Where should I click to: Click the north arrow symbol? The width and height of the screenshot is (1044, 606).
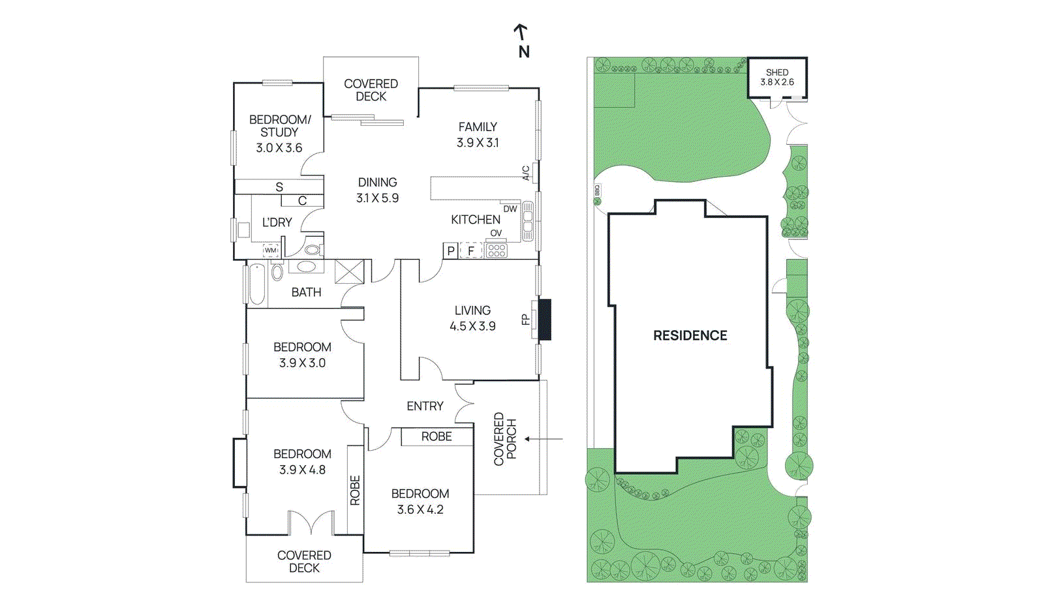521,32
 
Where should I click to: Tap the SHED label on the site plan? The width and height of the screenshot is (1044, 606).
776,72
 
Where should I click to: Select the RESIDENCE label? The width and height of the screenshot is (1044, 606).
690,335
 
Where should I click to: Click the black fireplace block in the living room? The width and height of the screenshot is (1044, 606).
544,320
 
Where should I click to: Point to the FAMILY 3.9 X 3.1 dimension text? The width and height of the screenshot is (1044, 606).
478,143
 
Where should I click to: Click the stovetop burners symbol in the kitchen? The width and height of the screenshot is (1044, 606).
497,250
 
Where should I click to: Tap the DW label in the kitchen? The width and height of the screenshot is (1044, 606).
510,209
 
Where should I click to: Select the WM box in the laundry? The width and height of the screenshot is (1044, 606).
270,250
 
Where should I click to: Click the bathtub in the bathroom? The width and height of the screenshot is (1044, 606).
257,284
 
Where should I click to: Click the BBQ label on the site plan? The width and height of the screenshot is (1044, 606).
596,190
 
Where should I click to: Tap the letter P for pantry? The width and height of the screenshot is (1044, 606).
450,250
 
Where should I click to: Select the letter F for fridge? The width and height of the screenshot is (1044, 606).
470,250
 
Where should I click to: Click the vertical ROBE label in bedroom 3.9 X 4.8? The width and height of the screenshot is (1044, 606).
355,490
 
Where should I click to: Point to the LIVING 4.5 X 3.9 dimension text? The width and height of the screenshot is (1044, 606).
472,326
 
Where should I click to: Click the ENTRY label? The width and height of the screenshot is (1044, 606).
425,406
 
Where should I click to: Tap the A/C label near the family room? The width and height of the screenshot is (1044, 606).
526,173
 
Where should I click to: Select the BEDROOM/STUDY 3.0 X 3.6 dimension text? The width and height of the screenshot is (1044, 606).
279,148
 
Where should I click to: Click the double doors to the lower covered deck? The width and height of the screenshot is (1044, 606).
311,523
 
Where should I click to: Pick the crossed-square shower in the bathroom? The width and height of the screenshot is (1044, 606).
349,271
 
